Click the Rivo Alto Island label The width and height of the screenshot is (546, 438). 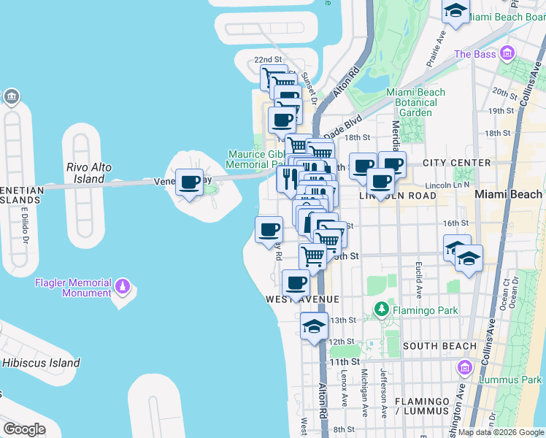point(89,173)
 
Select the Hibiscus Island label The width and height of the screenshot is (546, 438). point(41,363)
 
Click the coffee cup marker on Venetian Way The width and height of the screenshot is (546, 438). point(190,182)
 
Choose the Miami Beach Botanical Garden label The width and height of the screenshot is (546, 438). point(415,103)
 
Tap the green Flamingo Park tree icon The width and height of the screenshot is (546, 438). point(380,310)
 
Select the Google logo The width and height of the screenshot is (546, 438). point(24,429)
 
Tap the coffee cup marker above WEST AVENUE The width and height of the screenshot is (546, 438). point(295,283)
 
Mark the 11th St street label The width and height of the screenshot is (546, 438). point(345,361)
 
